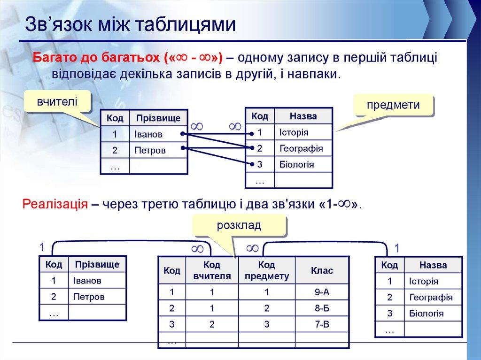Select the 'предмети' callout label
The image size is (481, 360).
(x=393, y=105)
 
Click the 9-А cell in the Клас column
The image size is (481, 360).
(x=322, y=292)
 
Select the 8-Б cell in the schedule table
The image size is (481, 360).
(x=322, y=308)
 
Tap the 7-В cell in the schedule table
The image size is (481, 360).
(x=322, y=324)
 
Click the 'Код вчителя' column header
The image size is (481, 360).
(x=212, y=271)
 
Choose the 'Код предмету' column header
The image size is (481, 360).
(x=266, y=271)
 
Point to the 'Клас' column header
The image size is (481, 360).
(x=322, y=271)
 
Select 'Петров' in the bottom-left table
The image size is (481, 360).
(x=89, y=297)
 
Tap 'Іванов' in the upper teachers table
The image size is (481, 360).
(x=148, y=134)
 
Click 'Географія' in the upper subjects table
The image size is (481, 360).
(x=301, y=148)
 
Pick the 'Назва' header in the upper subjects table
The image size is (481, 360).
(x=303, y=116)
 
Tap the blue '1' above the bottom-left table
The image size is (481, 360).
(x=41, y=247)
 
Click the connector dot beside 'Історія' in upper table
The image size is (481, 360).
(x=252, y=133)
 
